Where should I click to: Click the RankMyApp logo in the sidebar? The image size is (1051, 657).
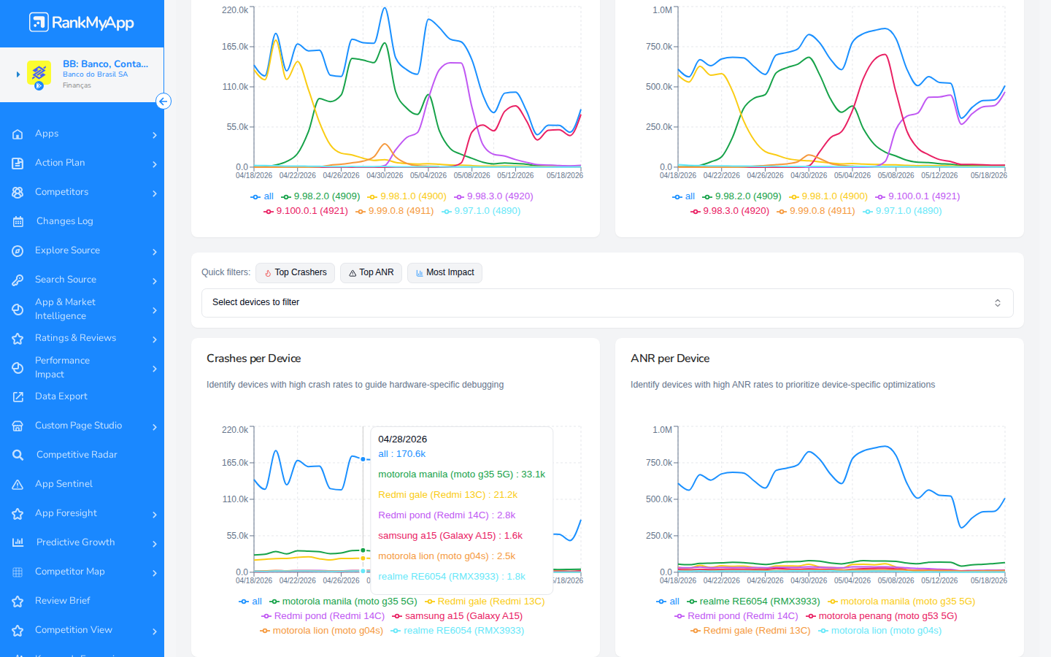(82, 22)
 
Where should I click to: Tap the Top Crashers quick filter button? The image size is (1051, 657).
(295, 273)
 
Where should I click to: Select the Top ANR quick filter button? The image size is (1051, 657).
(371, 273)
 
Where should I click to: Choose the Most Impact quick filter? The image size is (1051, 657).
(444, 273)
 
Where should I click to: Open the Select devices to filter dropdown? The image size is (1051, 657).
(607, 303)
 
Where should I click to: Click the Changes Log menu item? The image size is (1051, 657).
(65, 221)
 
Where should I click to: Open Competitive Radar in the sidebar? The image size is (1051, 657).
(77, 455)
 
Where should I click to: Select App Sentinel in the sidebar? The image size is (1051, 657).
(63, 484)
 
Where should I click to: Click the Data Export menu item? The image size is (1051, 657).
(61, 396)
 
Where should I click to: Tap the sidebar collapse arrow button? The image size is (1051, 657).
(163, 101)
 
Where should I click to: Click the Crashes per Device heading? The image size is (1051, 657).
(253, 358)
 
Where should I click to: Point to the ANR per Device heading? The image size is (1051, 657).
(670, 358)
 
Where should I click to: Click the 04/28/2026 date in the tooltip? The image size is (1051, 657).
(403, 439)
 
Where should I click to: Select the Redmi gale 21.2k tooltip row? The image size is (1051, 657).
(447, 495)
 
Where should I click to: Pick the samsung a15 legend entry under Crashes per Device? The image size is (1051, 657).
(458, 615)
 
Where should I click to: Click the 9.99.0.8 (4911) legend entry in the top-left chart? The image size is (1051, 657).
(395, 211)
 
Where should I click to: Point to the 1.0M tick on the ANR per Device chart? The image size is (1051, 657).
(662, 429)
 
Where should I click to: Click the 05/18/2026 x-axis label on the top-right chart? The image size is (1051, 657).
(988, 175)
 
